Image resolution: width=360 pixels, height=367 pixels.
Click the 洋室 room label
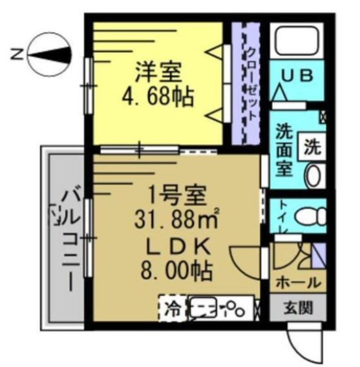pyautogui.click(x=158, y=69)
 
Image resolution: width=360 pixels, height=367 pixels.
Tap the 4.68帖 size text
pyautogui.click(x=158, y=97)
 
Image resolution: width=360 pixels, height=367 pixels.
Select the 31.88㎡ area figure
pyautogui.click(x=174, y=220)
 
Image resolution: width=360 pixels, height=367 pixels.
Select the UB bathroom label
pyautogui.click(x=297, y=76)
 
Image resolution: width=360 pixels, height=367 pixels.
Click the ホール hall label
pyautogui.click(x=297, y=283)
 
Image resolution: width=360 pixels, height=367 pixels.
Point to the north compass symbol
pyautogui.click(x=50, y=54)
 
